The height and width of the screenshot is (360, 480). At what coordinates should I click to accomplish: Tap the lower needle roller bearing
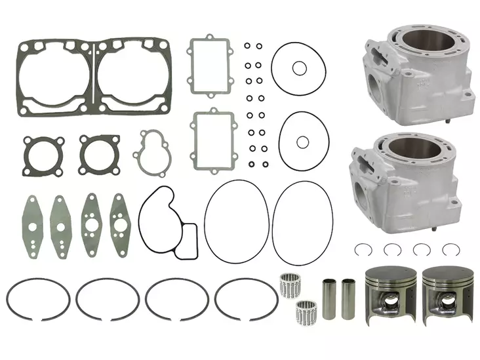click(x=305, y=310)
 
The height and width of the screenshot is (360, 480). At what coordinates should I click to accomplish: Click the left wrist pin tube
click(x=329, y=298)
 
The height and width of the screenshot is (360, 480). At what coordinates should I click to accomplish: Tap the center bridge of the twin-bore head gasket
click(x=96, y=75)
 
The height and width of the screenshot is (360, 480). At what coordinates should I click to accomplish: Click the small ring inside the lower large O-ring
click(x=302, y=142)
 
